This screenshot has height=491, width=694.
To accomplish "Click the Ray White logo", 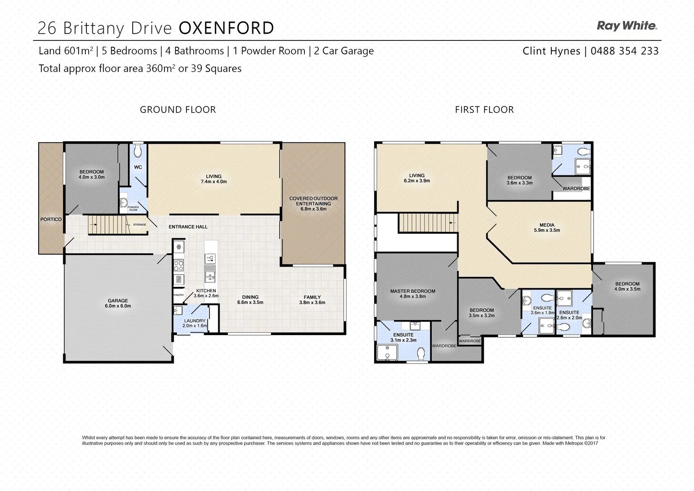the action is [x=627, y=26].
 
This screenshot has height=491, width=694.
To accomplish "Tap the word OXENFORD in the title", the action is [x=226, y=28].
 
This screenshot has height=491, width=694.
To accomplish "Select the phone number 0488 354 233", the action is [x=624, y=51].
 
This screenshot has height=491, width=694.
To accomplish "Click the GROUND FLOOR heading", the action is [x=178, y=110].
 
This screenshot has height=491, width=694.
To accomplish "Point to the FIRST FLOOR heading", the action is [x=484, y=110].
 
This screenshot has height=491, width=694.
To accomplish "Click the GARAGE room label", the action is [x=118, y=301].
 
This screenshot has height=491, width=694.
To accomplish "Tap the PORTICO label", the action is [x=51, y=220].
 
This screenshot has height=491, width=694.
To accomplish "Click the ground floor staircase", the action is [x=109, y=225].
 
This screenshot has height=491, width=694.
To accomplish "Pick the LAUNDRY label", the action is [x=195, y=321].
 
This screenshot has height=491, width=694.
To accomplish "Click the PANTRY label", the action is [x=179, y=295].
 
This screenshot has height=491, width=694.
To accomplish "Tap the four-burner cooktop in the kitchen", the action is [x=179, y=266].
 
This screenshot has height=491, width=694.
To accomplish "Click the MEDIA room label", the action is [x=547, y=225].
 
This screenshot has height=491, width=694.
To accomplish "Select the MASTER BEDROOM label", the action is [x=413, y=291].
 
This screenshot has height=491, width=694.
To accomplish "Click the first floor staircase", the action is [x=428, y=223].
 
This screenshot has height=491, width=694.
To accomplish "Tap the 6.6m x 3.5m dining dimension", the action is [x=250, y=302].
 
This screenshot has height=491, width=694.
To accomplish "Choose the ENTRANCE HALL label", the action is [x=188, y=227].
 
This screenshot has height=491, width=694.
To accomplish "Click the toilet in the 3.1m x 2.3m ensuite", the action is [x=421, y=353].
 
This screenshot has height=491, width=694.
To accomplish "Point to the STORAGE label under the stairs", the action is [x=140, y=225].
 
